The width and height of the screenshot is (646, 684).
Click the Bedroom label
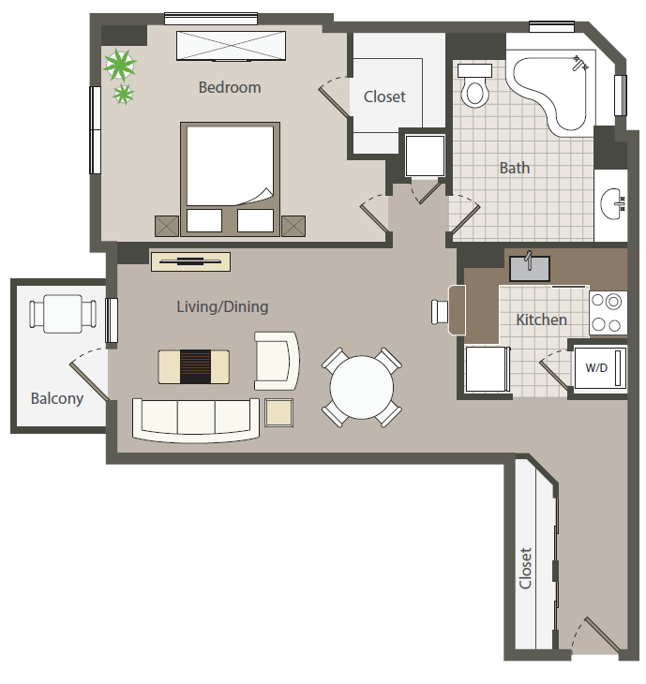click(x=230, y=87)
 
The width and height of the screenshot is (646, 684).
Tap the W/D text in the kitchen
click(x=596, y=367)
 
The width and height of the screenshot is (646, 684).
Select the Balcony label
click(x=57, y=398)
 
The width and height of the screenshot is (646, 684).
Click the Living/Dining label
click(x=222, y=306)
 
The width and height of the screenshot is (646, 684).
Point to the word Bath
click(x=514, y=168)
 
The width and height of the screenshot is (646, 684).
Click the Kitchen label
click(x=541, y=320)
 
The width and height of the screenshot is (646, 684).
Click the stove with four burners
click(x=608, y=313)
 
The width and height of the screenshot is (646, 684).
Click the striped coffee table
click(x=194, y=365)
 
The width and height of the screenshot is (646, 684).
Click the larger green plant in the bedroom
click(x=120, y=65)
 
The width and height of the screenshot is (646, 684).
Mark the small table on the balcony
click(x=64, y=314)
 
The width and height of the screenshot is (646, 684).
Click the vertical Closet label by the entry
click(x=526, y=568)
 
